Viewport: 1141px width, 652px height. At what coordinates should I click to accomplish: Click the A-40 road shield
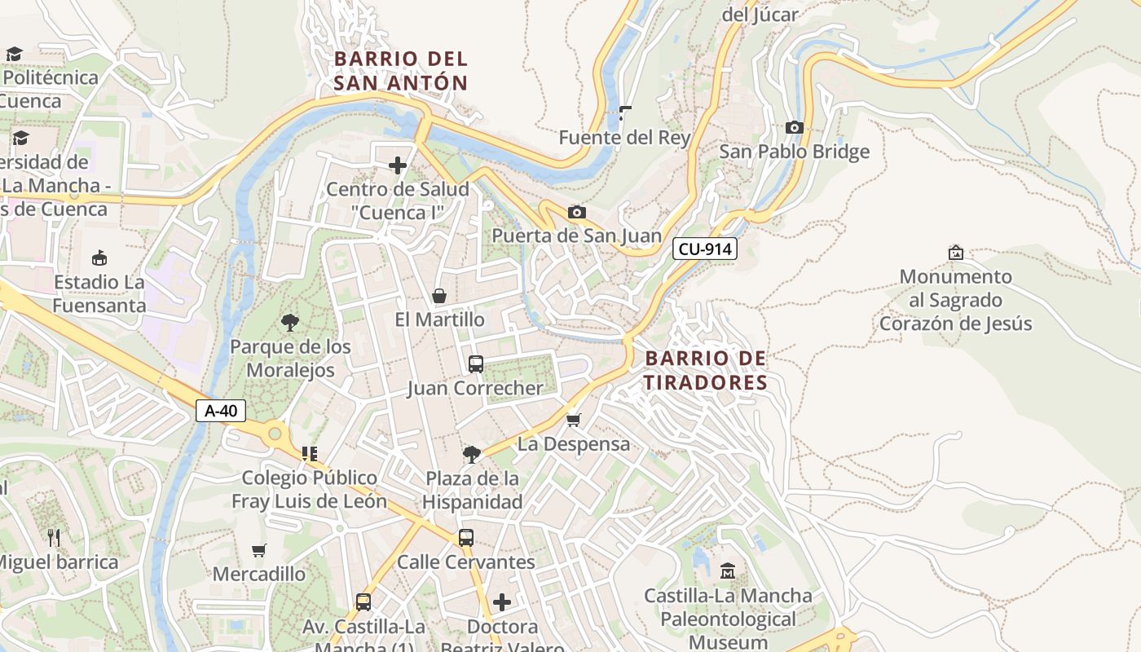point(221,411)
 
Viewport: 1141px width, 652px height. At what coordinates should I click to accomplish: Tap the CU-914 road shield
point(705,249)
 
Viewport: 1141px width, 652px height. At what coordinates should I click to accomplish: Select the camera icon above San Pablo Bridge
point(794,128)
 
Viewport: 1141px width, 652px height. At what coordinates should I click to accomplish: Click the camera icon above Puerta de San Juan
point(576,213)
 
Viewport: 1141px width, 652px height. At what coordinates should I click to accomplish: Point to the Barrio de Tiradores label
point(706,371)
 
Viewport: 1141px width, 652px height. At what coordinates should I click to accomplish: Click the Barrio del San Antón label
point(401,71)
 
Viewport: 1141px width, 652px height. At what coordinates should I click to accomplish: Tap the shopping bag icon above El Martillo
point(439,296)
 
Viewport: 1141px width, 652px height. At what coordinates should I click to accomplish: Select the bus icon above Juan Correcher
point(476,364)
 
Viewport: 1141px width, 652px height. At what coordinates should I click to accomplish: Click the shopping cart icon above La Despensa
point(574,421)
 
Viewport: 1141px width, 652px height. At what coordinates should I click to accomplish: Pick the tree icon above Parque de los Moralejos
point(289,323)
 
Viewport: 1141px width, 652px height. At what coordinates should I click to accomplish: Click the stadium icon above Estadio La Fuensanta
point(99,258)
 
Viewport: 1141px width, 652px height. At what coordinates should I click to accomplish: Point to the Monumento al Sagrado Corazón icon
point(956,253)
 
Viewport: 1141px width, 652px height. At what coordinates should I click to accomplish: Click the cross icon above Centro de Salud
point(398,166)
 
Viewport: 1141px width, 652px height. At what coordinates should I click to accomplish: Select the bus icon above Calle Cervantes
point(465,538)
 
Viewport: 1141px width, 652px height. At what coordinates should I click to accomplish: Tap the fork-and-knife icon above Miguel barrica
point(55,538)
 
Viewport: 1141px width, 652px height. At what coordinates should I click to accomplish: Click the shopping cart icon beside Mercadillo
point(259,550)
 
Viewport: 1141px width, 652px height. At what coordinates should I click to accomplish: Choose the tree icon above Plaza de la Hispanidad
point(471,454)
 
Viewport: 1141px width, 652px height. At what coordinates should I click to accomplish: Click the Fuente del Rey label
point(624,138)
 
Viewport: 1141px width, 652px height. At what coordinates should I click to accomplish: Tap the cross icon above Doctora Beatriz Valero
point(502,602)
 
